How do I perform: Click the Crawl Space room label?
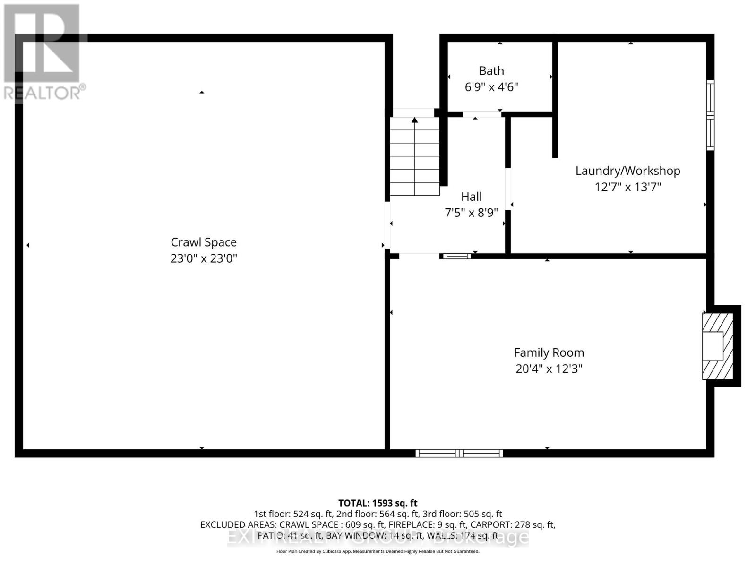pyautogui.click(x=204, y=242)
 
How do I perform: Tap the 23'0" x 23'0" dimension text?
pyautogui.click(x=204, y=258)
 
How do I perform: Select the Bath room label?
pyautogui.click(x=491, y=71)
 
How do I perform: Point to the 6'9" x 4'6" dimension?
pyautogui.click(x=491, y=87)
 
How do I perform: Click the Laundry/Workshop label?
pyautogui.click(x=627, y=171)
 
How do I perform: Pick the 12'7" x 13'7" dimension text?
pyautogui.click(x=627, y=187)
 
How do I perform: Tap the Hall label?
pyautogui.click(x=471, y=197)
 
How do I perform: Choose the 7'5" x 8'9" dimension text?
pyautogui.click(x=471, y=213)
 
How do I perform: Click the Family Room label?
pyautogui.click(x=549, y=352)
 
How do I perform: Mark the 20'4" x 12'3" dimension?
pyautogui.click(x=549, y=369)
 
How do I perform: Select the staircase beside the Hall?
pyautogui.click(x=414, y=156)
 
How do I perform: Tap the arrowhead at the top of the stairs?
pyautogui.click(x=414, y=120)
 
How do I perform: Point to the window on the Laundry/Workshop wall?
pyautogui.click(x=710, y=115)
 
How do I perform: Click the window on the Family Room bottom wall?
pyautogui.click(x=459, y=454)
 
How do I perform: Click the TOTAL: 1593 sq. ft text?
pyautogui.click(x=378, y=503)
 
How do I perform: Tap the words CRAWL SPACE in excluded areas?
pyautogui.click(x=309, y=525)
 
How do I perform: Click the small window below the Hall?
pyautogui.click(x=456, y=257)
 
